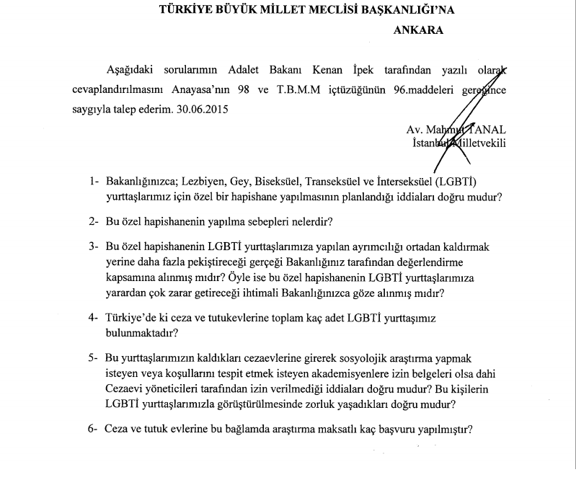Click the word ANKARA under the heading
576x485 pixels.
[419, 31]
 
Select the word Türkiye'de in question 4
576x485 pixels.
[133, 318]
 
